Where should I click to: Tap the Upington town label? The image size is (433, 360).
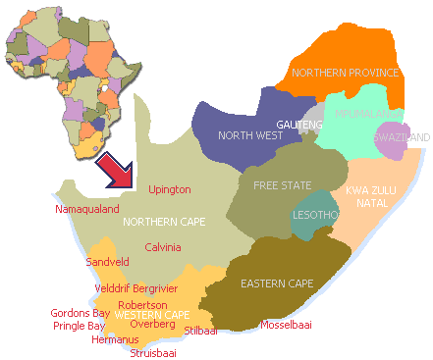169,189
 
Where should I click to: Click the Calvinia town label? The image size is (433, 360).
164,247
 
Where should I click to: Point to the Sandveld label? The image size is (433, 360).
107,263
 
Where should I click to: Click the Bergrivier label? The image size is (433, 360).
156,289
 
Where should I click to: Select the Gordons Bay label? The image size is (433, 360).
81,313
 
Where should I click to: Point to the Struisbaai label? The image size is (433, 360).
154,352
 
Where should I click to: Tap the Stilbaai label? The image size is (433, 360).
199,332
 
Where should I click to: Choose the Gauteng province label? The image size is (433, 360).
299,126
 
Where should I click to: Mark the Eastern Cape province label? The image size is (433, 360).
277,283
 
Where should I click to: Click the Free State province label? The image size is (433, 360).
281,184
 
